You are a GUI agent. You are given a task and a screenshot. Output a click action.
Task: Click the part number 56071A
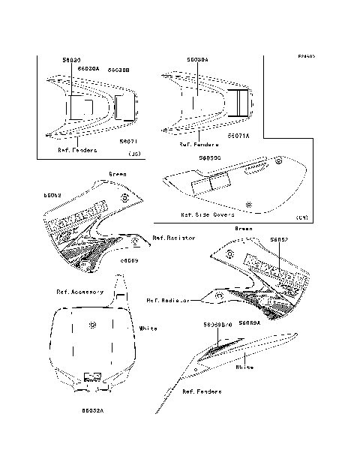pyautogui.click(x=238, y=136)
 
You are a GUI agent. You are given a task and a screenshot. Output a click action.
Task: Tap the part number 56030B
pyautogui.click(x=119, y=69)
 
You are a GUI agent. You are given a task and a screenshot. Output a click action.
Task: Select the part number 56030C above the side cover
pyautogui.click(x=209, y=158)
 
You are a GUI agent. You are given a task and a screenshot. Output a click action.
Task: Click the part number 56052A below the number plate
pyautogui.click(x=93, y=410)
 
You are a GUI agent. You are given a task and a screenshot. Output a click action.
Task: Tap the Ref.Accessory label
pyautogui.click(x=80, y=292)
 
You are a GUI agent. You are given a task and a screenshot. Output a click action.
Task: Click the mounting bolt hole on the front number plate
pyautogui.click(x=91, y=325)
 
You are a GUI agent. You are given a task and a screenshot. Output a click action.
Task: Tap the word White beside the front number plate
pyautogui.click(x=148, y=328)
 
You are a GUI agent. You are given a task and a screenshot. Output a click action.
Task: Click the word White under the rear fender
pyautogui.click(x=244, y=367)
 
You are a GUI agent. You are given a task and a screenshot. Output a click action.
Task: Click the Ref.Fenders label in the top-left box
pyautogui.click(x=77, y=149)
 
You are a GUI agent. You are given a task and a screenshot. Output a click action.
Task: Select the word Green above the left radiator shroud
pyautogui.click(x=118, y=174)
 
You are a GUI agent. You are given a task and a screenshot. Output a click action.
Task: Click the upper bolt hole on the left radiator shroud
pyautogui.click(x=124, y=198)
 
